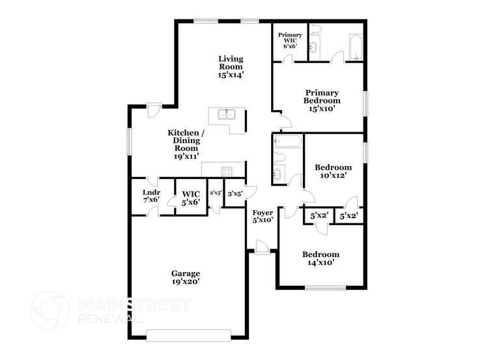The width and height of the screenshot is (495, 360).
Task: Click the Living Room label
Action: (231, 66)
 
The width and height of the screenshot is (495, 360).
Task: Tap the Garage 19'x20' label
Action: (186, 277)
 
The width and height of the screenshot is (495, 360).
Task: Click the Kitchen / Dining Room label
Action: (186, 144)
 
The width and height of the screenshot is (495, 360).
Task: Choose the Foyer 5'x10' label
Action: (262, 215)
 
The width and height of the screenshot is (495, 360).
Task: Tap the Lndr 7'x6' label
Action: (150, 195)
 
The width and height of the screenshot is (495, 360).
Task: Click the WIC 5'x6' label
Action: (191, 198)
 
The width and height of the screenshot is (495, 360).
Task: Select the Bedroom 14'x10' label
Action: (320, 258)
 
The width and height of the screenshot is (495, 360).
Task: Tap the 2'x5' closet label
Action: (216, 193)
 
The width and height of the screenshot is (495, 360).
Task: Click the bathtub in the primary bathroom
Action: (356, 48)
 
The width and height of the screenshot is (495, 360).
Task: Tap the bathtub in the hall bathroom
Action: (287, 141)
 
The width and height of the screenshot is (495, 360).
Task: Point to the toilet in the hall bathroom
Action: (278, 158)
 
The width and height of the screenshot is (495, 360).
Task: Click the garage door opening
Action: (188, 335)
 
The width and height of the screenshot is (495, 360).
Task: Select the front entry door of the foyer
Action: (261, 248)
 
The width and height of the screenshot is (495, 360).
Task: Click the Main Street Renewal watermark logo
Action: (50, 310)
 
